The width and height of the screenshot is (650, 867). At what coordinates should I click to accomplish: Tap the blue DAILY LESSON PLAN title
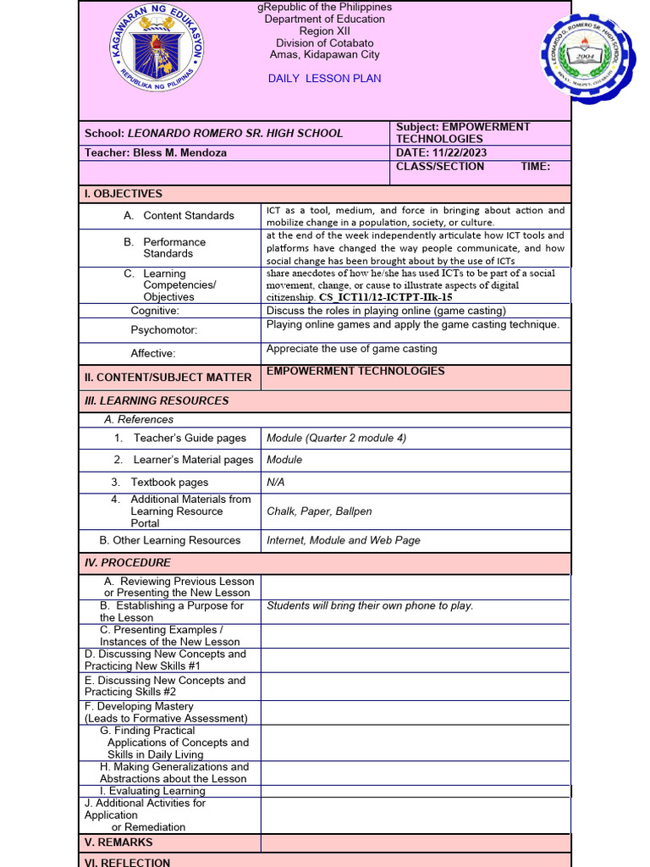324,78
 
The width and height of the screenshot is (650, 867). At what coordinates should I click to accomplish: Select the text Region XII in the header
324,30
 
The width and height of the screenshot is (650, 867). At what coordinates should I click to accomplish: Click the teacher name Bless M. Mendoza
179,152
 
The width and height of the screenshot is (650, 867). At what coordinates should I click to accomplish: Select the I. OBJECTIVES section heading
123,194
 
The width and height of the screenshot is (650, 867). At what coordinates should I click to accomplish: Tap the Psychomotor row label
163,330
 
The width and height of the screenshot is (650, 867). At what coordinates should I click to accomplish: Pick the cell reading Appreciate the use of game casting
351,349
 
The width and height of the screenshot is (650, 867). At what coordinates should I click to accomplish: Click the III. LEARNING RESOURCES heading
157,400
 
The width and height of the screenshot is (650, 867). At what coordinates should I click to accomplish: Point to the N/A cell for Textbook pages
276,482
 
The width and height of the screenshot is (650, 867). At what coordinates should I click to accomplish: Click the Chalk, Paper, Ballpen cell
319,511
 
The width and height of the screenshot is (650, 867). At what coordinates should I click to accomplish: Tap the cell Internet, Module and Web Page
343,540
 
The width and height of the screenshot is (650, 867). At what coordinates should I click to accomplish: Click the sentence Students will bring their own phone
370,605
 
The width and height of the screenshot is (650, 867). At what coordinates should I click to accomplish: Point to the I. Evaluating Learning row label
152,791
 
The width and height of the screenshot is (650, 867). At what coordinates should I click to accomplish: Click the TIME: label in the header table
535,167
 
